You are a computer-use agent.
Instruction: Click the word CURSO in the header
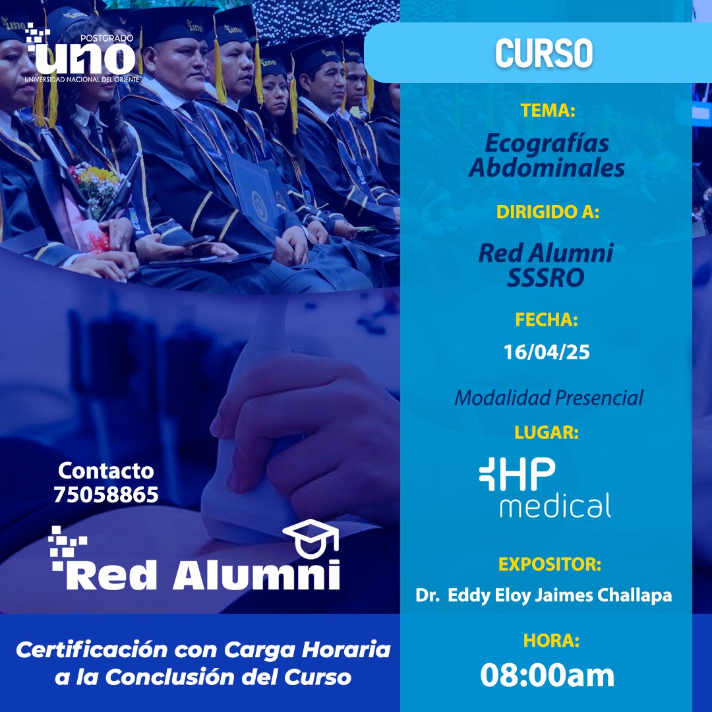pos(544,53)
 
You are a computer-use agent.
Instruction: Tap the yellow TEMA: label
pos(548,110)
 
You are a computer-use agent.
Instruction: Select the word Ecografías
pos(547,144)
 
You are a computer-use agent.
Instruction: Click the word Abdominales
pos(547,167)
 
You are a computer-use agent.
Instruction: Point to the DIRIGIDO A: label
pos(548,212)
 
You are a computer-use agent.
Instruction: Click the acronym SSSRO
pos(546,278)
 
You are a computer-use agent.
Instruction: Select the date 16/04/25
pos(547,352)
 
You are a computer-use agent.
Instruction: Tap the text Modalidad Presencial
pos(549,398)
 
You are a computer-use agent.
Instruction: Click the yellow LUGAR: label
pos(547,432)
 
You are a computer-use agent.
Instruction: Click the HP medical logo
pos(545,487)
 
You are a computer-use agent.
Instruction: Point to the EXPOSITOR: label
pos(550,564)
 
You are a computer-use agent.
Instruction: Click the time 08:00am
pos(547,675)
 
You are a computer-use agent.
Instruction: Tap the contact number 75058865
pos(106,494)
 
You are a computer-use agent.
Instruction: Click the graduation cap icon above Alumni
pos(311,539)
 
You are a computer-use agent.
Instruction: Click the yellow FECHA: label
pos(547,320)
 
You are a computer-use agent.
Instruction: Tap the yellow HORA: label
pos(551,640)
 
